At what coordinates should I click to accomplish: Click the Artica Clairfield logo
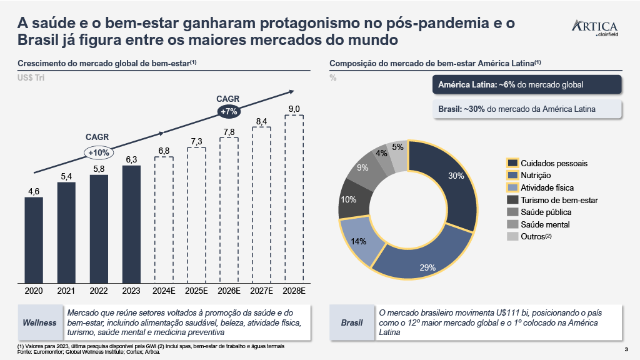[x=594, y=29]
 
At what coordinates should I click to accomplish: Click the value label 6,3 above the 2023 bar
[x=131, y=160]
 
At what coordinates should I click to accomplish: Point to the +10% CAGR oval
[x=99, y=152]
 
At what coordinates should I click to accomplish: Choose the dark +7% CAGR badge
[x=229, y=111]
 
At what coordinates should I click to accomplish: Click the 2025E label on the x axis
[x=196, y=291]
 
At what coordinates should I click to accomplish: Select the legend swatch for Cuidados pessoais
[x=512, y=163]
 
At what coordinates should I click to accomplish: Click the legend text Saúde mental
[x=545, y=224]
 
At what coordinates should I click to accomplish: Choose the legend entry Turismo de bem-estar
[x=559, y=200]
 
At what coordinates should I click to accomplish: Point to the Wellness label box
[x=39, y=322]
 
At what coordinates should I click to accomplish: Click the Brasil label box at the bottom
[x=352, y=322]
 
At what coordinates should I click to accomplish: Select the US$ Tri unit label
[x=31, y=77]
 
